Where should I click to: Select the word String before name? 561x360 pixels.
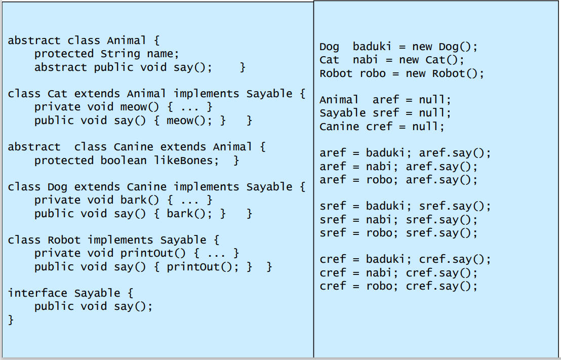click(x=121, y=54)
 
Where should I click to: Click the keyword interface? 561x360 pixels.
click(x=37, y=293)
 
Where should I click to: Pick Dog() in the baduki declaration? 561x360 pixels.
click(x=458, y=47)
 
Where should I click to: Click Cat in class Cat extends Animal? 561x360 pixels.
click(x=57, y=94)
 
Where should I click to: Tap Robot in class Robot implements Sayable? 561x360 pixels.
click(x=64, y=240)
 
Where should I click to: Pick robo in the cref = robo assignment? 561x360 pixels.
click(x=379, y=286)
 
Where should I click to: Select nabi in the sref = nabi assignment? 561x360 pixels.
click(x=379, y=220)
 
